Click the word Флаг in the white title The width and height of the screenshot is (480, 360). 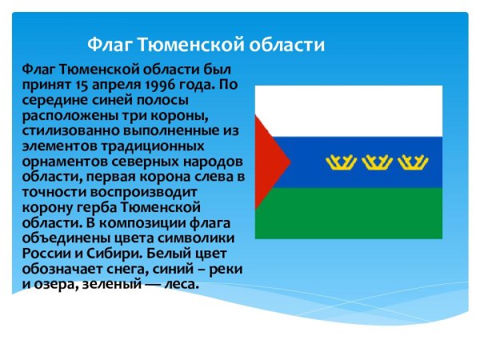[x=111, y=46]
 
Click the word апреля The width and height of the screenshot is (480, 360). [x=117, y=86]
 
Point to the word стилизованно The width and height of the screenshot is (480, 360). [x=71, y=130]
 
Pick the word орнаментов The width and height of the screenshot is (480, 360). [x=65, y=162]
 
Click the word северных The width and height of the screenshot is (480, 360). [x=145, y=162]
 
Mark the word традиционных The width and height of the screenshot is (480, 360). [x=153, y=146]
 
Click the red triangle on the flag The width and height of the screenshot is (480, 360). [x=268, y=162]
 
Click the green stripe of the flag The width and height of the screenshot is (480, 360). [x=349, y=214]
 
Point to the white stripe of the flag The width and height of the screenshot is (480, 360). [x=349, y=111]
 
